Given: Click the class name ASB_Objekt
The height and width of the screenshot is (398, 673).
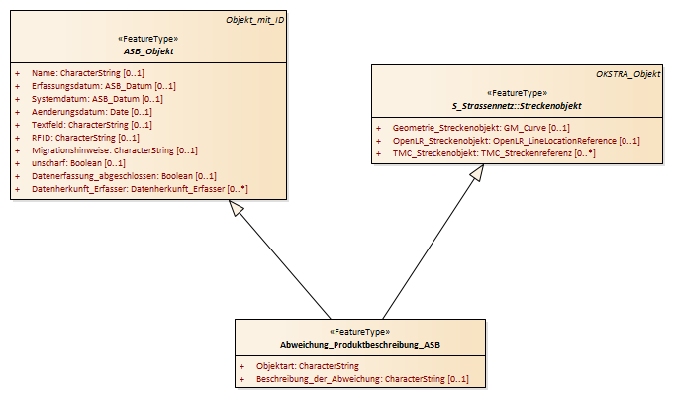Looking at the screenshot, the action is click(x=148, y=51).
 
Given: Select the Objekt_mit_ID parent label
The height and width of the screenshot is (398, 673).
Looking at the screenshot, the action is click(x=255, y=20).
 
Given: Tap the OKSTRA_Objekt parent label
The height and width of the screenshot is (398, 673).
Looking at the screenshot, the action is click(x=627, y=74).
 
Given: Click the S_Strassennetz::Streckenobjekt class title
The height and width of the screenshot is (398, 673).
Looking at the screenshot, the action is click(x=517, y=106).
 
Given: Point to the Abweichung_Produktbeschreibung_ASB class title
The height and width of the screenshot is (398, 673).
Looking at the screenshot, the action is click(x=360, y=345).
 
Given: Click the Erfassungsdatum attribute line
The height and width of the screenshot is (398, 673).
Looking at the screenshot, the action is click(x=104, y=86).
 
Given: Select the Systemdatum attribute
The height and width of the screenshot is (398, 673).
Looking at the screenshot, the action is click(x=97, y=99).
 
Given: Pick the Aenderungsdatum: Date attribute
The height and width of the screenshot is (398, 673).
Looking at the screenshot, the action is click(x=92, y=112).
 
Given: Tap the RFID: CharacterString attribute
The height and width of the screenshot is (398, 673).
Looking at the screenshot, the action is click(x=85, y=138).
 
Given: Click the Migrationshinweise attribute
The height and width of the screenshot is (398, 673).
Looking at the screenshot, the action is click(x=115, y=150).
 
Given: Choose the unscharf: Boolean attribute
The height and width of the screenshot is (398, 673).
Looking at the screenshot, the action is click(x=78, y=163).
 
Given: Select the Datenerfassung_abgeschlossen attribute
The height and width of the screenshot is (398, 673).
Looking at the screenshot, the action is click(x=124, y=176).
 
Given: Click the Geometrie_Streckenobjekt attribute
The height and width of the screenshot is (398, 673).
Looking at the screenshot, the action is click(x=481, y=128).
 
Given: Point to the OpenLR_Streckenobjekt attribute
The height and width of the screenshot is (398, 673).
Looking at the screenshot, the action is click(x=517, y=141).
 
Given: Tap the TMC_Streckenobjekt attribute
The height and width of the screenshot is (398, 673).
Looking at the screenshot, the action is click(x=494, y=153).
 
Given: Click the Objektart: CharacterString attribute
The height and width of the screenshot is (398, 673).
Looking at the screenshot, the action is click(x=308, y=366).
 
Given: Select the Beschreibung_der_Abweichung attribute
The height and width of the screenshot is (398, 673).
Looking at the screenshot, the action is click(x=362, y=379).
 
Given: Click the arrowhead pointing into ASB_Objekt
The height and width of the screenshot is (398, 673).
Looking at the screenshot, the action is click(x=236, y=208).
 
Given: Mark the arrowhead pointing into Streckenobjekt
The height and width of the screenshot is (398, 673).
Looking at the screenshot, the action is click(x=477, y=172).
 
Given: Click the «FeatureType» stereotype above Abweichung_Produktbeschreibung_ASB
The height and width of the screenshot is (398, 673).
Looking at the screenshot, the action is click(x=359, y=332).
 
